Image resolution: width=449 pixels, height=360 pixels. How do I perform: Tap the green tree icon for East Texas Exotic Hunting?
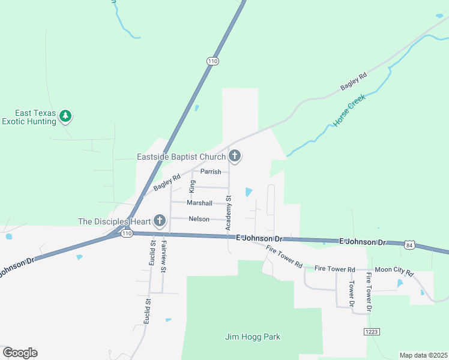click(x=66, y=116)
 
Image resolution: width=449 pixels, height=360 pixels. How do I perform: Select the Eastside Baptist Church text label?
click(x=181, y=157)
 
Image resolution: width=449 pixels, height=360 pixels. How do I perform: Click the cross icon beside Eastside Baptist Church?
click(x=235, y=157)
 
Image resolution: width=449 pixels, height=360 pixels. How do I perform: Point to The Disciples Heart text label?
click(x=113, y=221)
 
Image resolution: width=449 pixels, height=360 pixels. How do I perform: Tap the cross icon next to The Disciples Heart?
click(x=160, y=221)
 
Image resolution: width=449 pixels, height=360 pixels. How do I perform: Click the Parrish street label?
click(x=211, y=172)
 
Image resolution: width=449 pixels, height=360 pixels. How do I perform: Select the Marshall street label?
click(x=199, y=203)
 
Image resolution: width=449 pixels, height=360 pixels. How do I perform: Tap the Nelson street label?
click(x=199, y=219)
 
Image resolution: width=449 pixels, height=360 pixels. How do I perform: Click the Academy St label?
click(x=228, y=212)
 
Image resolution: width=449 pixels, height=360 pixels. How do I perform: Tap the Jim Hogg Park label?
click(x=253, y=337)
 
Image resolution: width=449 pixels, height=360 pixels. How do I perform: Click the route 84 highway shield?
click(x=409, y=245)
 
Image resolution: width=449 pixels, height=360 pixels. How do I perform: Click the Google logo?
click(x=20, y=353)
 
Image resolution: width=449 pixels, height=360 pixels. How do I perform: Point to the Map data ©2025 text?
click(x=423, y=355)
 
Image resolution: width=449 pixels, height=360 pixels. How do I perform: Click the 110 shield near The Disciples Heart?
click(x=126, y=233)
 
